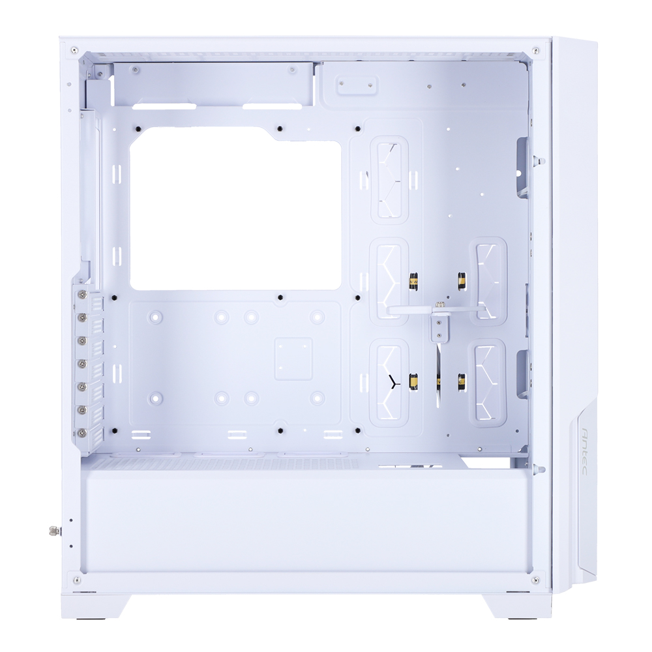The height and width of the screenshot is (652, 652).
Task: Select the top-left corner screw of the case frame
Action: [x=74, y=50]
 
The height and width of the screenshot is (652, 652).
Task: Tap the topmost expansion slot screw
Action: [x=81, y=295]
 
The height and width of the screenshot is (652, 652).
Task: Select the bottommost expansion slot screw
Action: [x=81, y=433]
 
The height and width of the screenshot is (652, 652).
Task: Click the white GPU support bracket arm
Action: [x=437, y=310]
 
